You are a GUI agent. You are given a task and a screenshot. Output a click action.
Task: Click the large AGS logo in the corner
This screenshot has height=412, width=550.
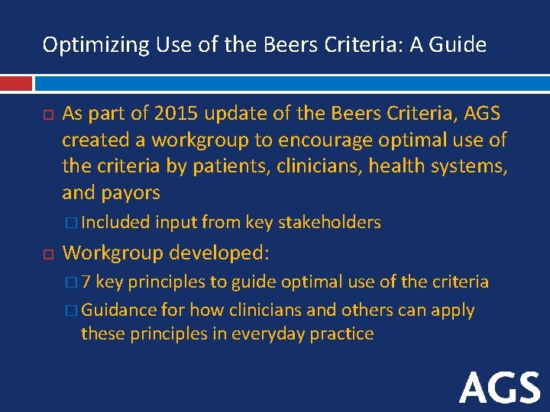pos(500,388)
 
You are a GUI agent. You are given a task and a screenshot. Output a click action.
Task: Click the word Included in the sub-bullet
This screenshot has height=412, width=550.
pos(117,223)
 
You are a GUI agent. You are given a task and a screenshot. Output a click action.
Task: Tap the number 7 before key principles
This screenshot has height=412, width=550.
pos(86,282)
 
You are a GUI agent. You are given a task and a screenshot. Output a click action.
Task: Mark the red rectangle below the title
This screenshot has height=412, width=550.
pos(16,82)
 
